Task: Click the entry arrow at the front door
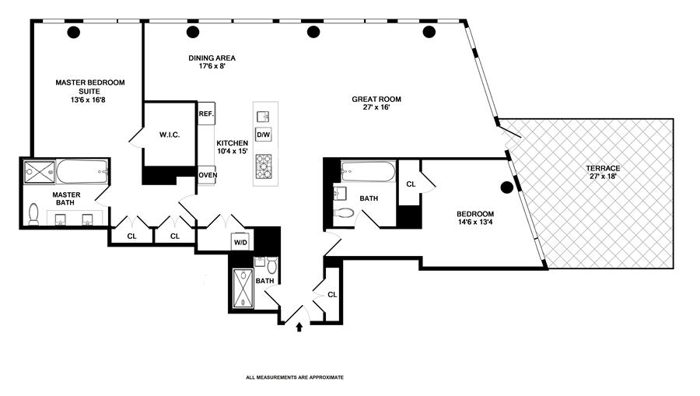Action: (x=299, y=328)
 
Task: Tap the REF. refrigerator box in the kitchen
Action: (x=206, y=114)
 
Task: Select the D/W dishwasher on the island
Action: (x=264, y=135)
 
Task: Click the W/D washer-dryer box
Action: (x=240, y=243)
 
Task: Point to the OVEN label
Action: (x=208, y=175)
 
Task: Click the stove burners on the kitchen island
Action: (x=264, y=166)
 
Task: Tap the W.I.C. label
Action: (x=170, y=135)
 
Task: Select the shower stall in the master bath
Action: (x=40, y=172)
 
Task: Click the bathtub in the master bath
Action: (x=82, y=172)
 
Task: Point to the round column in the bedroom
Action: (x=506, y=187)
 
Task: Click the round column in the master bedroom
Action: (x=74, y=32)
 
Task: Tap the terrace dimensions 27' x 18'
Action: (x=603, y=177)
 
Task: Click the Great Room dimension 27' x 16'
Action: (x=376, y=107)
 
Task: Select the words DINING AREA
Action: (x=212, y=58)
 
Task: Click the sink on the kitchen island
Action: (x=264, y=117)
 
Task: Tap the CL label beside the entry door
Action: (x=332, y=295)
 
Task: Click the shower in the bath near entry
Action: (x=243, y=288)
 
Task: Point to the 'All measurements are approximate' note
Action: (x=295, y=377)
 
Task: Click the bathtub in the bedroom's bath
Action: (x=369, y=172)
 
